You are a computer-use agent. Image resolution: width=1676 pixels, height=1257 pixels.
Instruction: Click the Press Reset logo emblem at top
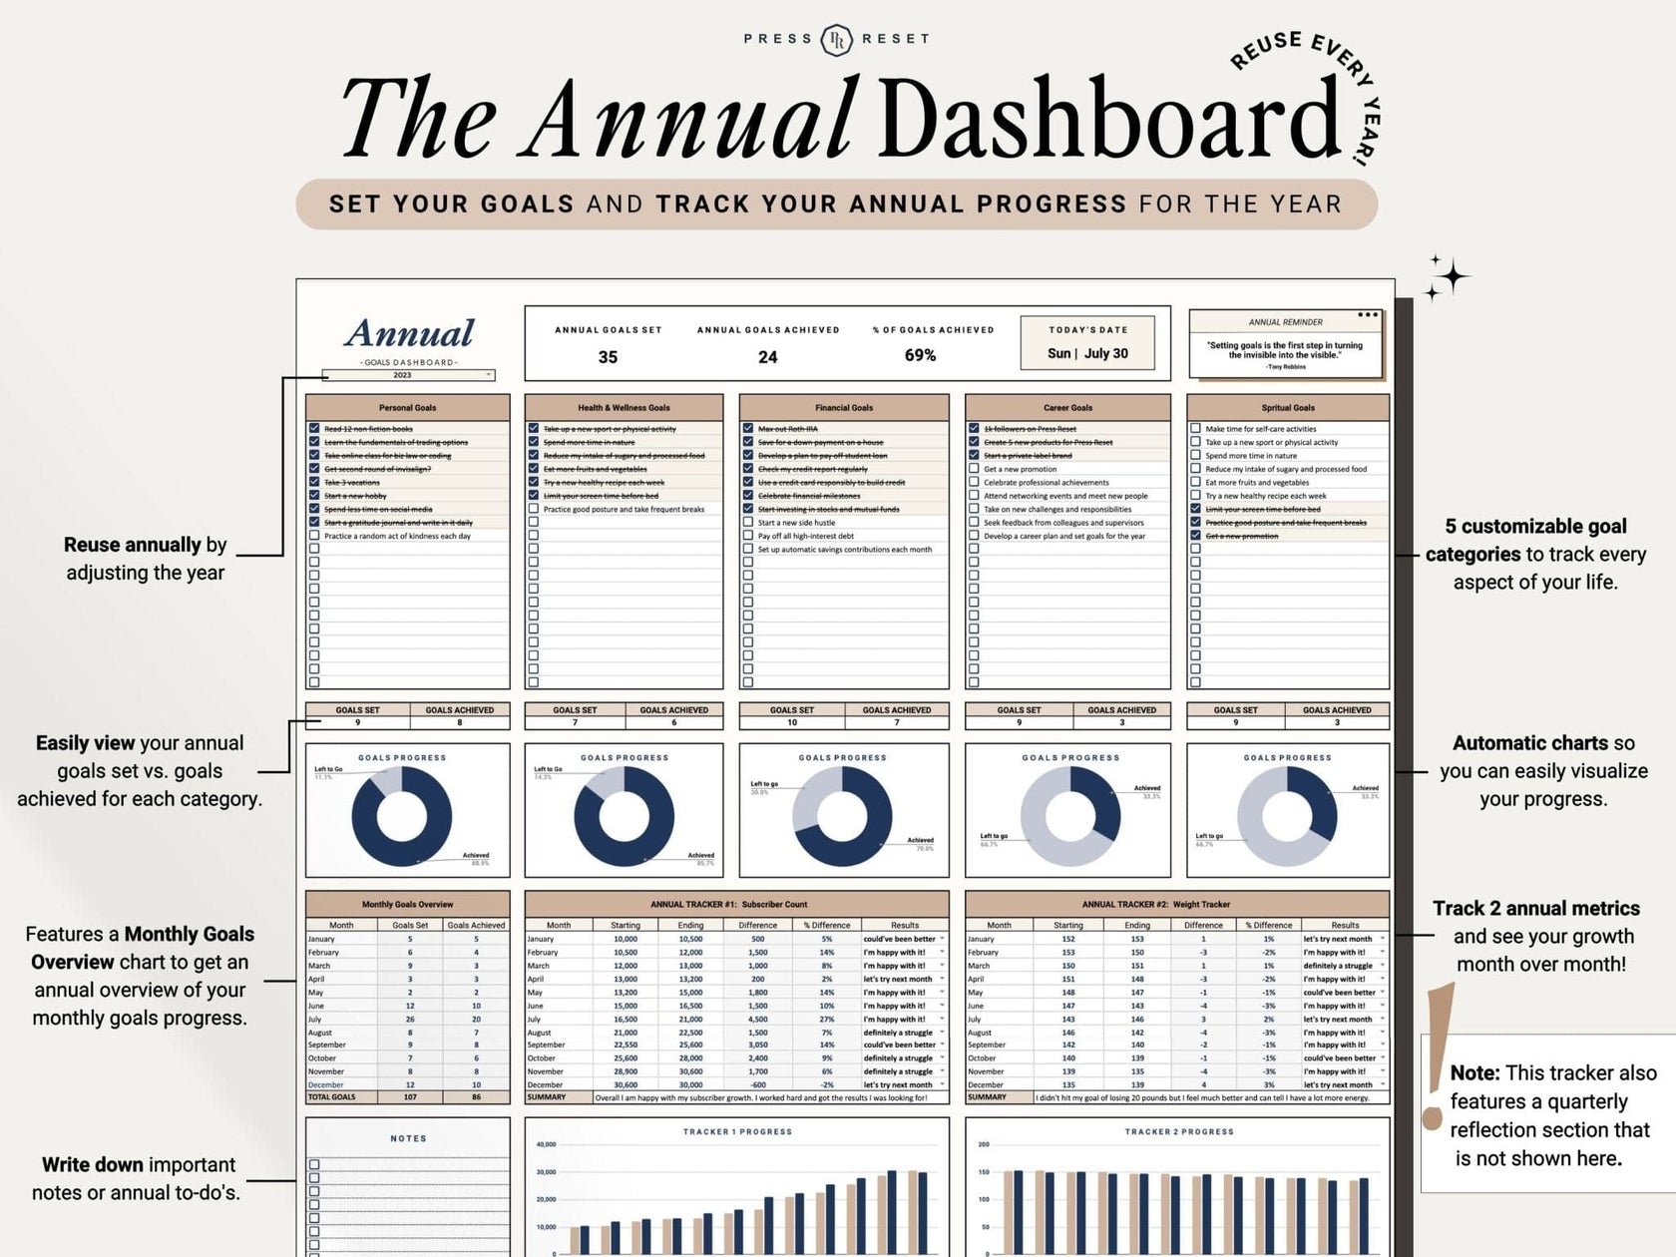pyautogui.click(x=837, y=39)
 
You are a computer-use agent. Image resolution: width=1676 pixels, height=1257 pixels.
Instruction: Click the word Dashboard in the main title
pyautogui.click(x=1109, y=119)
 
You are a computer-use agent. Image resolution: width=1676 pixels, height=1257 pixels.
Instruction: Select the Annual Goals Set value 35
pyautogui.click(x=608, y=357)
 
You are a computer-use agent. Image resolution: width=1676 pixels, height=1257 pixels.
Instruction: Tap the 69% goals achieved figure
pyautogui.click(x=920, y=355)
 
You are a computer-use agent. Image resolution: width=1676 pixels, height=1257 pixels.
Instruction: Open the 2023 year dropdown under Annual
pyautogui.click(x=489, y=375)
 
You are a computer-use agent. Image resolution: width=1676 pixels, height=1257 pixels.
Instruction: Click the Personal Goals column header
pyautogui.click(x=407, y=407)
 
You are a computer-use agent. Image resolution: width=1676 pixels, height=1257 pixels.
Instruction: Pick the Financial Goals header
pyautogui.click(x=844, y=407)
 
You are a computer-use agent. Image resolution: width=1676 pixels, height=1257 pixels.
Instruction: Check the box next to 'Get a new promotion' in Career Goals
pyautogui.click(x=974, y=469)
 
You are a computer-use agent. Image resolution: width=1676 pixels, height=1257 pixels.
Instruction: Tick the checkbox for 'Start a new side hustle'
pyautogui.click(x=748, y=522)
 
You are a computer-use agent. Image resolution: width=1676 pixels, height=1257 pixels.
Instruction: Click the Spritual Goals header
pyautogui.click(x=1287, y=407)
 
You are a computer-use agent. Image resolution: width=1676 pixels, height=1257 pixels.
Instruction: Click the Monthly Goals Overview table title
pyautogui.click(x=407, y=904)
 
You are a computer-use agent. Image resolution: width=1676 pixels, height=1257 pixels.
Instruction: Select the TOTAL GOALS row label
pyautogui.click(x=332, y=1096)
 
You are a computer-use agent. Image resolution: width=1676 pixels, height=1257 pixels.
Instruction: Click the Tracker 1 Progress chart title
pyautogui.click(x=737, y=1131)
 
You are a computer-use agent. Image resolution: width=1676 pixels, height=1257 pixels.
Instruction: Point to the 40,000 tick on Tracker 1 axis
pyautogui.click(x=546, y=1144)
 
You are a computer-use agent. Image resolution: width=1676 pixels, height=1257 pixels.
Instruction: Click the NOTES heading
pyautogui.click(x=408, y=1138)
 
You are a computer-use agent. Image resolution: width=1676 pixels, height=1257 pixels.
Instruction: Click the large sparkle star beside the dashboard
pyautogui.click(x=1454, y=276)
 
